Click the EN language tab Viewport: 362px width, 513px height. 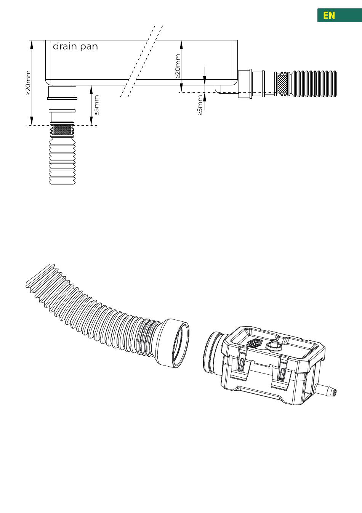click(340, 15)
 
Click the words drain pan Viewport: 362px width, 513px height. click(75, 46)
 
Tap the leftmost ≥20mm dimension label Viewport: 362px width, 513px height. click(28, 83)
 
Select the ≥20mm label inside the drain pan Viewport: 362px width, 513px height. click(178, 66)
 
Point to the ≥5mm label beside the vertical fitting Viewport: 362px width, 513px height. click(96, 105)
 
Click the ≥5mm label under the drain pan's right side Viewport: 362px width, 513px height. click(200, 105)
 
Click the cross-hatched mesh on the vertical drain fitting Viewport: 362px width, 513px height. click(62, 130)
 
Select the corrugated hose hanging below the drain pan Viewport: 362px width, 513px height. click(62, 159)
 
